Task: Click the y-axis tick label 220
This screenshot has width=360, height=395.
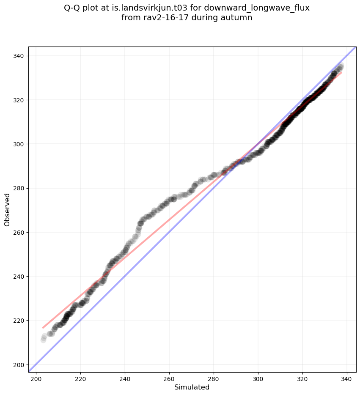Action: (x=20, y=321)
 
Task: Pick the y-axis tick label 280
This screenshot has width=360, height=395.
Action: (x=20, y=188)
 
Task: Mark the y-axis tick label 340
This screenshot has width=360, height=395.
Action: (x=20, y=56)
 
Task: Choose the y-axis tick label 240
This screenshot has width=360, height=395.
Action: (x=20, y=277)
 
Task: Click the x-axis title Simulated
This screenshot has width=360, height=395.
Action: (x=192, y=387)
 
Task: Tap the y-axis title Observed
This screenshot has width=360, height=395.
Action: (x=7, y=209)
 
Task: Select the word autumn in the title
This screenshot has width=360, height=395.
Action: (x=238, y=18)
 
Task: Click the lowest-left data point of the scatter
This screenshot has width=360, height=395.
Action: (x=43, y=340)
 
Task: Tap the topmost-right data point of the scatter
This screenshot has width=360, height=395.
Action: (x=341, y=66)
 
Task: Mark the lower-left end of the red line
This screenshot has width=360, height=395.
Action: (x=43, y=328)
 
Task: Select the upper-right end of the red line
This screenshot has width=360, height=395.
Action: (x=341, y=72)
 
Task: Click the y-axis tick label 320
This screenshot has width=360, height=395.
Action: (x=20, y=100)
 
